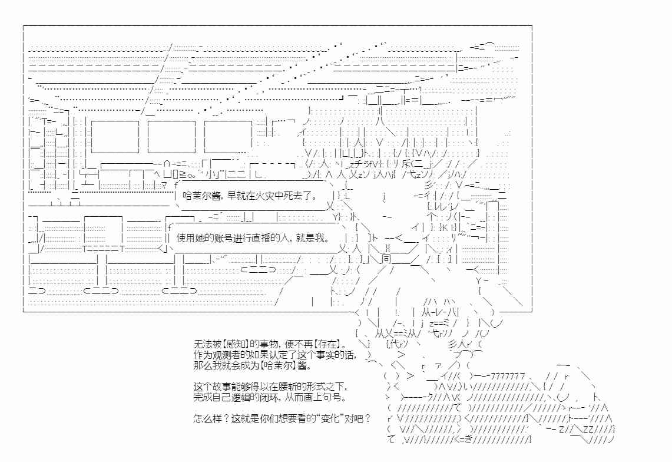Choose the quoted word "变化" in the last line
point(330,418)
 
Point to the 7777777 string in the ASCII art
point(508,376)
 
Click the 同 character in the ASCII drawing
point(386,259)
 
